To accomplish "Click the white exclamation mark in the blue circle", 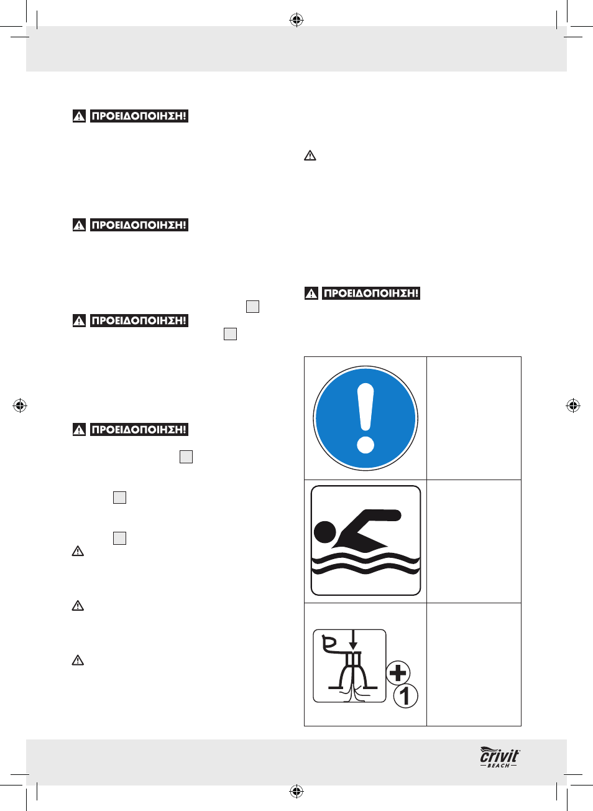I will (x=365, y=407).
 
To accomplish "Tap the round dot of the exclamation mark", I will (x=365, y=445).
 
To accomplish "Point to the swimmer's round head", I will (x=325, y=532).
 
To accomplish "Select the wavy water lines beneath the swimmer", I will (x=365, y=563).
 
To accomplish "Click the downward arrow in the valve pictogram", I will (x=353, y=641).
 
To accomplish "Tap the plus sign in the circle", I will (x=398, y=673).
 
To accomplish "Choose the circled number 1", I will (x=406, y=696).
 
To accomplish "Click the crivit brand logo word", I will (x=499, y=755).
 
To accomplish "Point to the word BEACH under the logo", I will (x=499, y=766).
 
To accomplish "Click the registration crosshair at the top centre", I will (x=296, y=21).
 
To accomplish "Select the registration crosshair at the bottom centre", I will (x=296, y=791).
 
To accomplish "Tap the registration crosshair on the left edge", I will (x=20, y=405).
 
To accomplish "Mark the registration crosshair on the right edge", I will (x=573, y=405).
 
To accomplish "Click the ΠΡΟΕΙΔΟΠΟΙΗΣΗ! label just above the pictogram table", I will (x=371, y=293).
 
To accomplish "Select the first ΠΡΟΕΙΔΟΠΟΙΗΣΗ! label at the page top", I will (x=139, y=116).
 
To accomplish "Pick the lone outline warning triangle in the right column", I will (x=310, y=155).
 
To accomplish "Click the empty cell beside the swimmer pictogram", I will (x=474, y=541).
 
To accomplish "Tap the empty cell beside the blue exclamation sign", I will (x=474, y=418).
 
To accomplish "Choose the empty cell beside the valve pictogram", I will (x=474, y=664).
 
